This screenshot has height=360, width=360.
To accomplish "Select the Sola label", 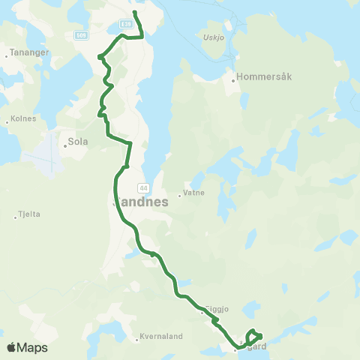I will pyautogui.click(x=78, y=140).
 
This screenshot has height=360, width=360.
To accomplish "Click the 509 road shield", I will pyautogui.click(x=82, y=34).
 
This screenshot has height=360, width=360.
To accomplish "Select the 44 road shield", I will pyautogui.click(x=142, y=187).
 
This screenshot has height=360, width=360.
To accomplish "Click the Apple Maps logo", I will pyautogui.click(x=27, y=348).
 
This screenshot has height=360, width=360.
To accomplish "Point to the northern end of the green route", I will pyautogui.click(x=134, y=13).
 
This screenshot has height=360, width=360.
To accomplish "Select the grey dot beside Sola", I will pyautogui.click(x=65, y=145).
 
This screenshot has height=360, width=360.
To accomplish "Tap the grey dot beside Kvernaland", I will pyautogui.click(x=137, y=339).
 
